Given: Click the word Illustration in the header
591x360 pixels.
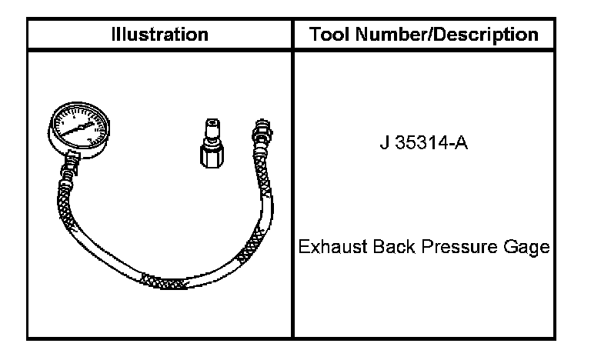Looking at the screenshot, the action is click(160, 35).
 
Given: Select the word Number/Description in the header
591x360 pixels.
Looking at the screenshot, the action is click(446, 35).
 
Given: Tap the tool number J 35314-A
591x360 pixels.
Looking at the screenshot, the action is click(424, 143).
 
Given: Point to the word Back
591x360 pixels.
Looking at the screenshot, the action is click(394, 247).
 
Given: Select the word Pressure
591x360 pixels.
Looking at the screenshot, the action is click(459, 247).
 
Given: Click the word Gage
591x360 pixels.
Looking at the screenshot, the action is click(526, 248).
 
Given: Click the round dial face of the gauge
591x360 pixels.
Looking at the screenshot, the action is click(80, 126).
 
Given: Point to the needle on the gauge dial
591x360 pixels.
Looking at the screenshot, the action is click(77, 129).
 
